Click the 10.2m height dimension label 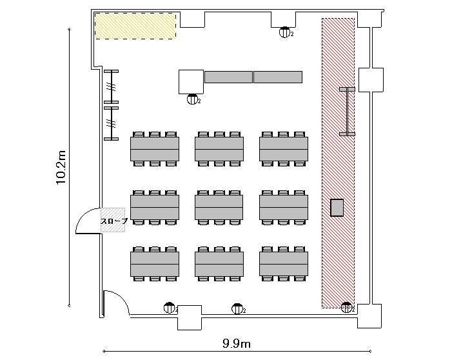pyautogui.click(x=61, y=167)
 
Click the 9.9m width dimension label pyautogui.click(x=237, y=344)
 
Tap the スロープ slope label pyautogui.click(x=114, y=221)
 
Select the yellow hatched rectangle pyautogui.click(x=135, y=26)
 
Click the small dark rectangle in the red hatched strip pyautogui.click(x=337, y=208)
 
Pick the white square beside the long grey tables pyautogui.click(x=191, y=82)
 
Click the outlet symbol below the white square pyautogui.click(x=192, y=99)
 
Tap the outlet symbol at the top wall pyautogui.click(x=284, y=32)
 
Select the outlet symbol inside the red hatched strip pyautogui.click(x=346, y=308)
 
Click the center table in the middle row pyautogui.click(x=219, y=207)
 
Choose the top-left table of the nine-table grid pyautogui.click(x=155, y=149)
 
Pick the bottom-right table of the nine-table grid pyautogui.click(x=284, y=264)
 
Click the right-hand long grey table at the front pyautogui.click(x=278, y=77)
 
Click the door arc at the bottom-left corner pyautogui.click(x=119, y=299)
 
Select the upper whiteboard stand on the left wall pyautogui.click(x=112, y=86)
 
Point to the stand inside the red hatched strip pyautogui.click(x=348, y=112)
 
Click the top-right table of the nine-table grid pyautogui.click(x=284, y=149)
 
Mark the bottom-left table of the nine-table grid pyautogui.click(x=155, y=264)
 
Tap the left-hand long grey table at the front pyautogui.click(x=229, y=77)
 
